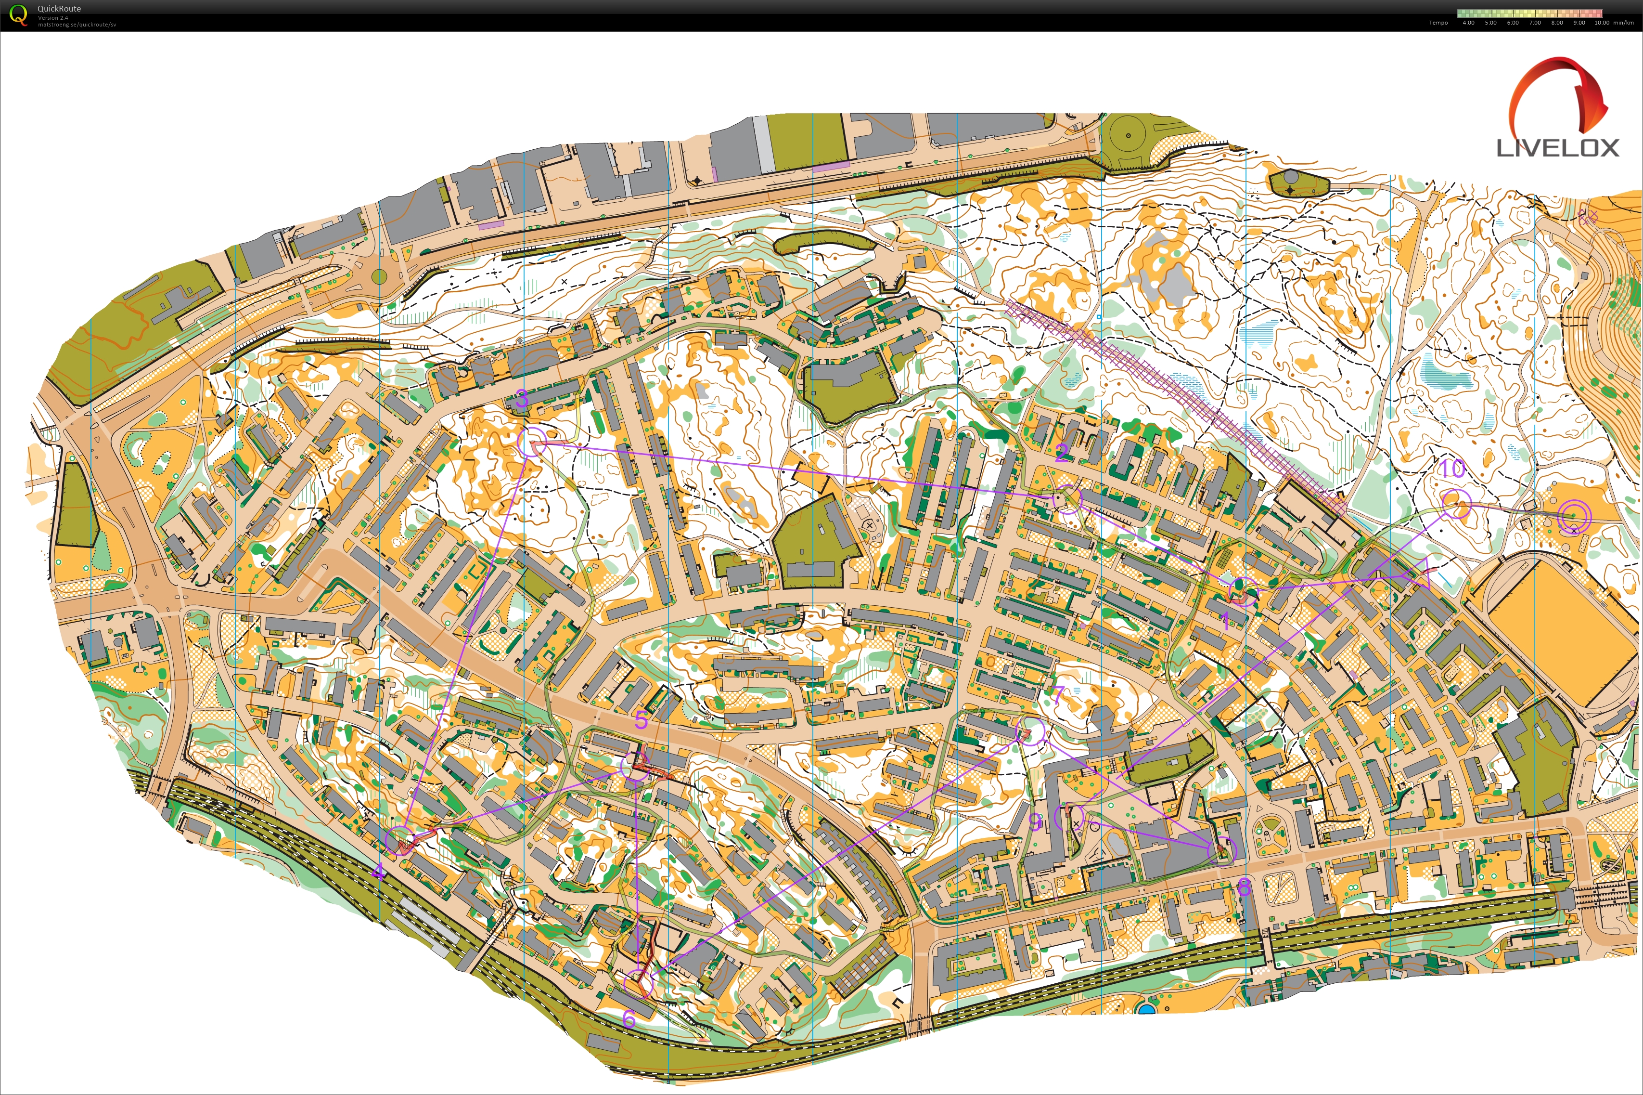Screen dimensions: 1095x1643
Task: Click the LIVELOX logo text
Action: [1557, 147]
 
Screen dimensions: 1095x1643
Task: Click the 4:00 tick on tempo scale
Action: [1468, 22]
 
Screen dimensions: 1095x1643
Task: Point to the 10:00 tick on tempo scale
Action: [1602, 22]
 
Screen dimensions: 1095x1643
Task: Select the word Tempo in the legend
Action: [1438, 22]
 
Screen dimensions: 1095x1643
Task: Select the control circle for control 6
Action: [638, 983]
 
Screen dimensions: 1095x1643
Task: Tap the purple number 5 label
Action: [641, 720]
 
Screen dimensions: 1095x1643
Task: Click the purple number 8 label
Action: [1244, 887]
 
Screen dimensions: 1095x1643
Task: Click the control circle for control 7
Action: [1031, 731]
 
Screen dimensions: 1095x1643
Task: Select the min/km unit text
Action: [1623, 22]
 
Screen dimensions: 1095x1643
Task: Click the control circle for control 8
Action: [1221, 850]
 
